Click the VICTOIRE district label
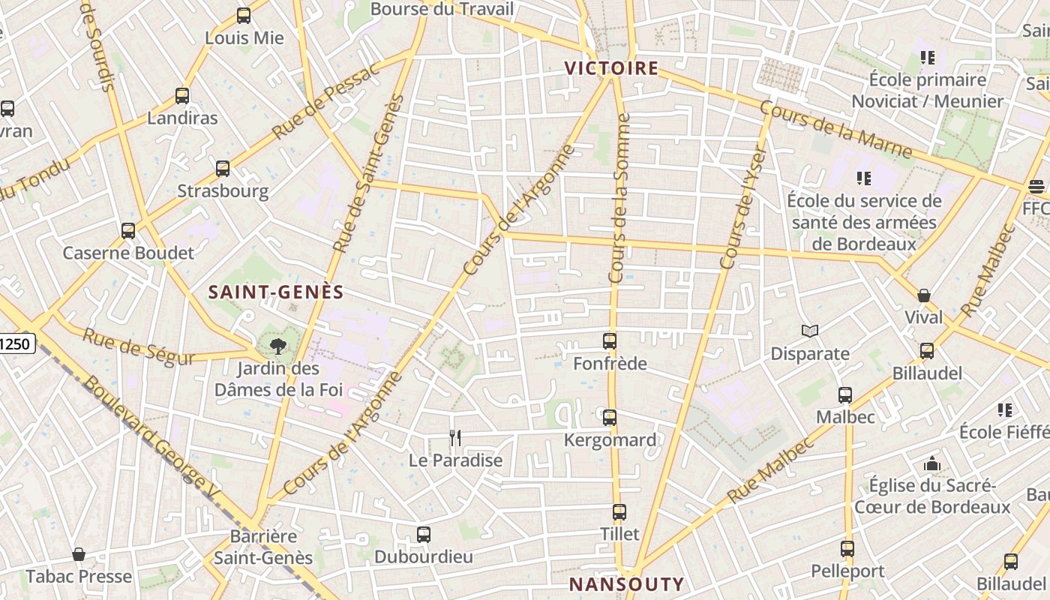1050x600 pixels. point(611,68)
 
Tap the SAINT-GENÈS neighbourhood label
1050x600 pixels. point(276,292)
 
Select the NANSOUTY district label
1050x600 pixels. point(626,584)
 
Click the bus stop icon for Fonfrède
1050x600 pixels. point(610,341)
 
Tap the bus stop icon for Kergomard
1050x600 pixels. point(610,418)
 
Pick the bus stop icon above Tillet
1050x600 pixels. point(619,512)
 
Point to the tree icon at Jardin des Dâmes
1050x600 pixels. point(278,346)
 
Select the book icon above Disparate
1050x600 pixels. point(810,331)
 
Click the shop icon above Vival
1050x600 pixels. point(924,295)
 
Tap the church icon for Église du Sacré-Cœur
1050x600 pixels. point(932,463)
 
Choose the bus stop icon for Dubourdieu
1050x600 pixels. point(424,535)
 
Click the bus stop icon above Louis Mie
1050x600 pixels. point(244,15)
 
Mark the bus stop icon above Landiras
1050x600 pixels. point(182,95)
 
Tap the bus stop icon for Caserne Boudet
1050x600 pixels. point(128,230)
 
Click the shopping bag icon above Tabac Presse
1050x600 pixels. point(79,554)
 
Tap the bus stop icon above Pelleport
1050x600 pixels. point(847,548)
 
